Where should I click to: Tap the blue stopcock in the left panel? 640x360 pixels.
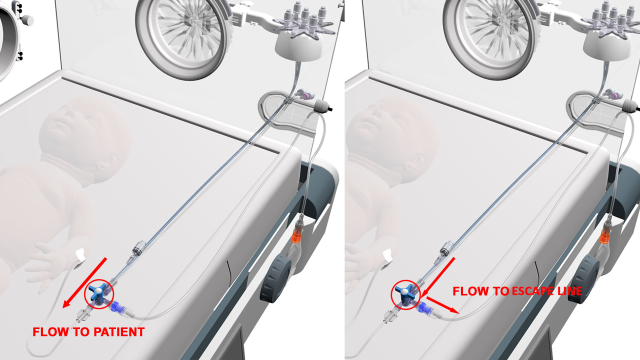(x=98, y=293)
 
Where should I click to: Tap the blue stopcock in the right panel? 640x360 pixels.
(x=406, y=293)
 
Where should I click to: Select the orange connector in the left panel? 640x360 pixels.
(x=299, y=236)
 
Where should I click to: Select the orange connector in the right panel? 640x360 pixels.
(x=607, y=236)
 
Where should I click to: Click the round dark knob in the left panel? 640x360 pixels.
(x=276, y=278)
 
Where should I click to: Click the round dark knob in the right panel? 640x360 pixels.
(x=583, y=278)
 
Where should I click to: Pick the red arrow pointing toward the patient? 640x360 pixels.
(x=84, y=283)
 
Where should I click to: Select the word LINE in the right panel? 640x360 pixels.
(x=570, y=291)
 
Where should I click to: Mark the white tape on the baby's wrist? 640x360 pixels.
(x=80, y=255)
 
